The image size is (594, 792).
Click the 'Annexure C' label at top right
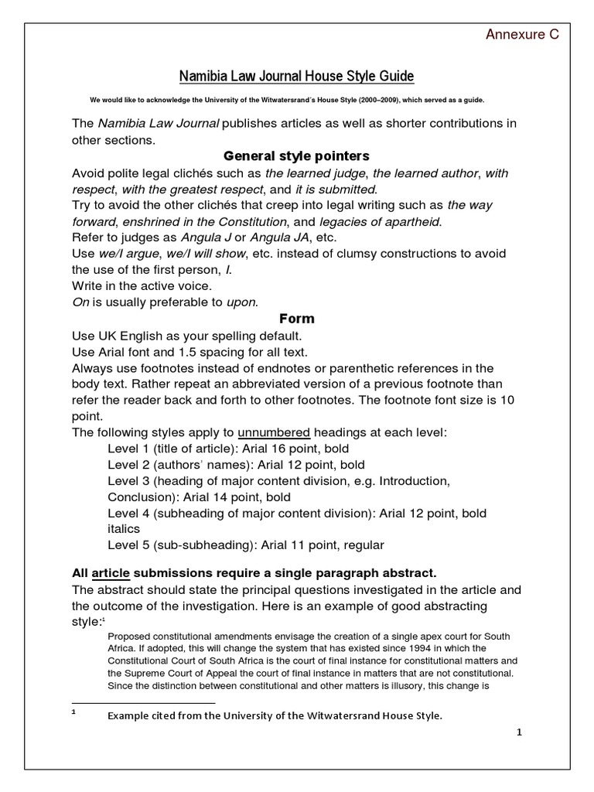coord(521,35)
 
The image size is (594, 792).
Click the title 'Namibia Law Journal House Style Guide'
coord(297,76)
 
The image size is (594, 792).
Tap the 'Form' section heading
coord(296,319)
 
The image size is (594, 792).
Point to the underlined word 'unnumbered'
coord(274,431)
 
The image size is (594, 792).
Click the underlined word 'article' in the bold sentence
coord(111,573)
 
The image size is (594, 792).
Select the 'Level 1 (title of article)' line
coord(228,448)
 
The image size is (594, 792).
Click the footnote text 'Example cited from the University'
coord(275,715)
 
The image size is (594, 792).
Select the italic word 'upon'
coord(241,302)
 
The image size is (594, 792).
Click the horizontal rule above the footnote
coord(143,702)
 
